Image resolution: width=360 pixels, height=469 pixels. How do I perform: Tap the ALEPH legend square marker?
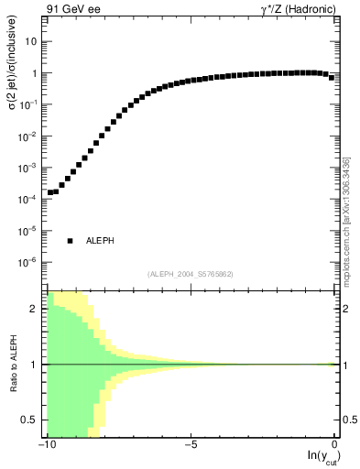[x=70, y=241]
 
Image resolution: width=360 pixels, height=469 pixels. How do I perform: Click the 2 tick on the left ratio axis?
[x=36, y=309]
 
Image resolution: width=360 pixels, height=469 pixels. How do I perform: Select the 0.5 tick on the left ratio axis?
[x=31, y=420]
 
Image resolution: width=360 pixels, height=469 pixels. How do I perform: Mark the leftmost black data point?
[x=49, y=192]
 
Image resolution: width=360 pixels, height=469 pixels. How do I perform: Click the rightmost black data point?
[x=332, y=77]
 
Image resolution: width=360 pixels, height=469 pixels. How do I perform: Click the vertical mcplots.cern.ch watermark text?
[x=347, y=220]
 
